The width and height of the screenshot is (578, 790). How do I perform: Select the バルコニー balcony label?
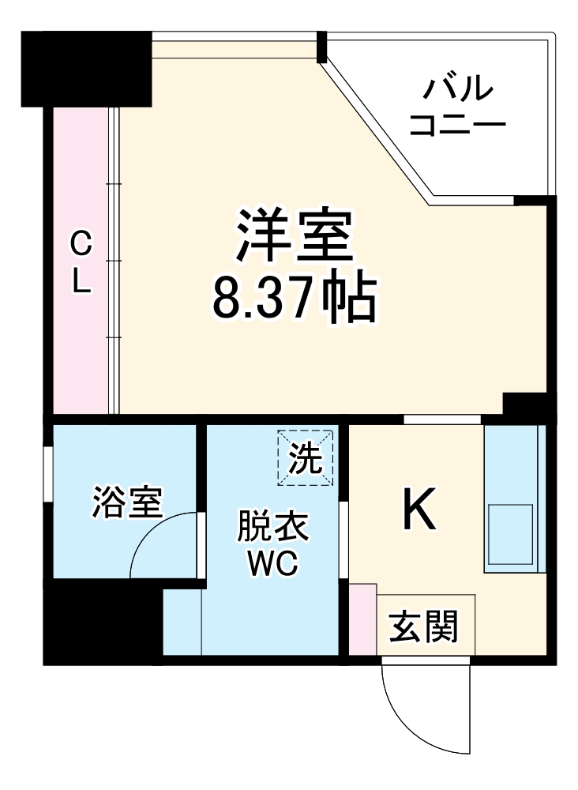point(458,105)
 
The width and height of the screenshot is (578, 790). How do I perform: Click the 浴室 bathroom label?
point(127,502)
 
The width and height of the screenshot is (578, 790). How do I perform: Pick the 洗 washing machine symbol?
point(305,458)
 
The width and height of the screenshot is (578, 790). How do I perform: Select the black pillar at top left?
point(86,69)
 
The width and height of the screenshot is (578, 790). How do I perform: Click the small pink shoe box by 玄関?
point(362,619)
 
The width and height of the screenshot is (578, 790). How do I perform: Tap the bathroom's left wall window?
point(48,474)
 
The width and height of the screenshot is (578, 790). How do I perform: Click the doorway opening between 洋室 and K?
point(442,419)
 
